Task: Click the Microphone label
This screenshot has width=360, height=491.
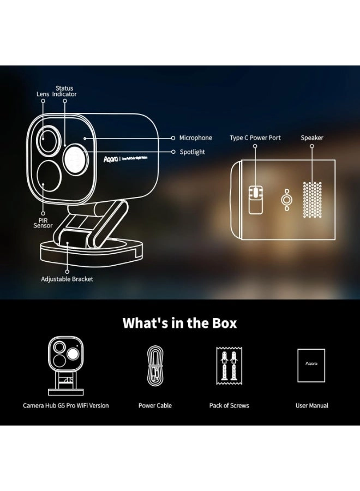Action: [x=195, y=138]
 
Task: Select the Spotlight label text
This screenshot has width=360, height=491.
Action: [x=192, y=152]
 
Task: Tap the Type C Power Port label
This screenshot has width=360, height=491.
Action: [x=255, y=138]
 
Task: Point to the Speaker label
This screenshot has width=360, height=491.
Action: [x=312, y=138]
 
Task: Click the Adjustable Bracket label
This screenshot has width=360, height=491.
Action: [x=67, y=279]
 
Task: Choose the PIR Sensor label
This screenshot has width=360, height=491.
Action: [x=43, y=222]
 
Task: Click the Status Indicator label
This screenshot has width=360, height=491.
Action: [x=64, y=91]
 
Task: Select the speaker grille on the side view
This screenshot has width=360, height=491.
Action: [x=313, y=200]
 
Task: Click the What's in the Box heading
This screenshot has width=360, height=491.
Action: [x=179, y=322]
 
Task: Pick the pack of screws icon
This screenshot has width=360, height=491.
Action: [x=229, y=367]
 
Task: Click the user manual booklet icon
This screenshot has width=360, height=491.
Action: [x=311, y=366]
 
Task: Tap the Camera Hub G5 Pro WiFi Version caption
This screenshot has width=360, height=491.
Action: [x=65, y=406]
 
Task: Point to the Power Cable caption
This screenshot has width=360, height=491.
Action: [x=155, y=406]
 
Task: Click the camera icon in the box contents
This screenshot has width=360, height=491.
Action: [x=65, y=364]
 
